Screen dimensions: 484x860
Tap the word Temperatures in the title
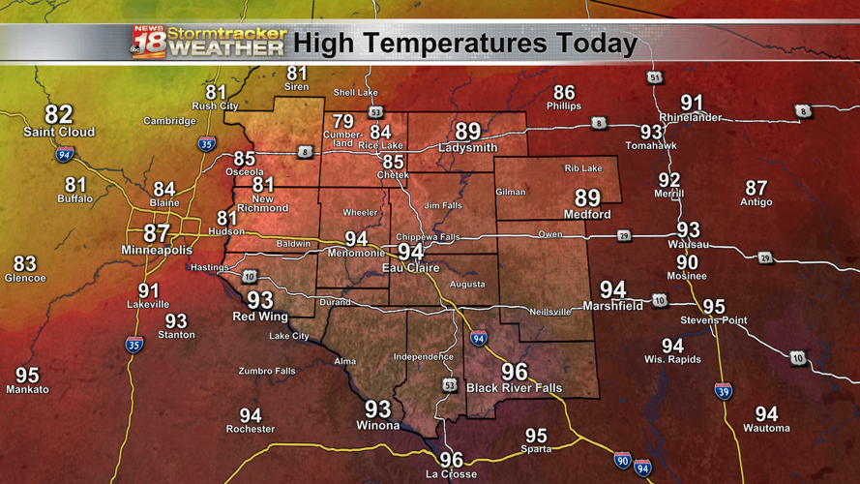tap(455, 44)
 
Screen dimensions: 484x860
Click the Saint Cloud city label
tap(60, 132)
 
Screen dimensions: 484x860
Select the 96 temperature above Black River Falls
tap(515, 372)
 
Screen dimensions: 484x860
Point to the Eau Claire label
tap(411, 267)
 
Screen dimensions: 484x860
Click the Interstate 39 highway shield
tap(723, 390)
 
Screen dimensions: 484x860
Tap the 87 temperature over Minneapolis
tap(157, 233)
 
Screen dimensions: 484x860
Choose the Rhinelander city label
tap(691, 117)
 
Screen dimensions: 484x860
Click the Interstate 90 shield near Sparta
tap(621, 460)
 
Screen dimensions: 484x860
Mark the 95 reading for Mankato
tap(27, 375)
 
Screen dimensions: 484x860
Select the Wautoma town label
tap(766, 428)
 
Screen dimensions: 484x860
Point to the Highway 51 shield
tap(656, 77)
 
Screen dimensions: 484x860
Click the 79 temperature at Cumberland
tap(344, 121)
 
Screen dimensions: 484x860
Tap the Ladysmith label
tap(467, 148)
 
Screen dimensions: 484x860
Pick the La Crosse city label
tap(452, 474)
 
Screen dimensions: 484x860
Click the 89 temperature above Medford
tap(587, 197)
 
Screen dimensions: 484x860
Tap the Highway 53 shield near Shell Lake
tap(374, 111)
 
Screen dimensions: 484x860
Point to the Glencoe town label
tap(25, 278)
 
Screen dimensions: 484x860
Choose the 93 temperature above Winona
tap(377, 409)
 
